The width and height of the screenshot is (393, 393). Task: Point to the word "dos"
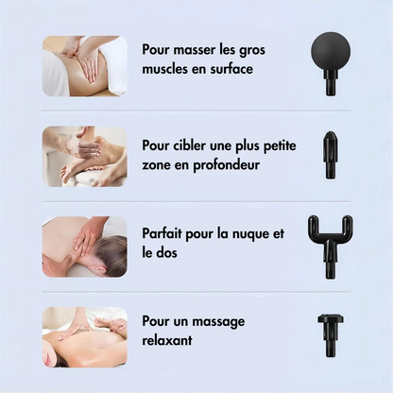[x=172, y=253]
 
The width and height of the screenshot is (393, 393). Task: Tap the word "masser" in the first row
[x=194, y=48]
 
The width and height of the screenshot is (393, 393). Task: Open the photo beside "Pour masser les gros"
[x=85, y=66]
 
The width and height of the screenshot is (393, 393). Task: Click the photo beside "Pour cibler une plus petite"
[x=85, y=156]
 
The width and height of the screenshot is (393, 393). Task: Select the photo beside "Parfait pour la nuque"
[x=85, y=246]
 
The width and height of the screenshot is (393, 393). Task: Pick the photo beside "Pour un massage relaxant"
[x=85, y=335]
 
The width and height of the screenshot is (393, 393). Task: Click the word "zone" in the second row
[x=161, y=165]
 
